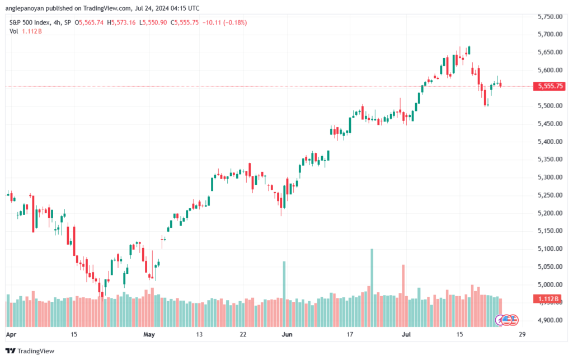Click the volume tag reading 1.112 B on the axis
tap(549, 299)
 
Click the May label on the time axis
tap(148, 334)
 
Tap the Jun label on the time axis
tap(287, 334)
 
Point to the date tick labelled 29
tap(522, 334)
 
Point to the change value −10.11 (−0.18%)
tap(227, 22)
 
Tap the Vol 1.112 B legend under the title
tap(26, 31)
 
